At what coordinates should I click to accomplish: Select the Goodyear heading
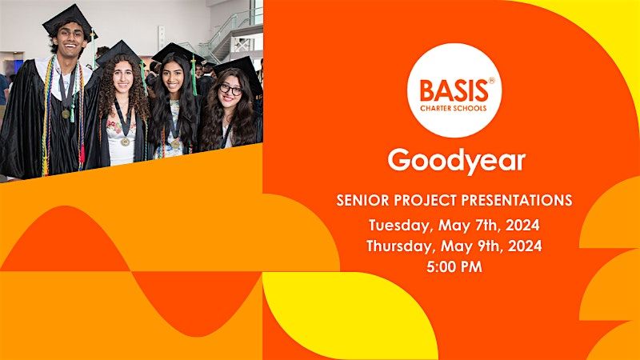[x=456, y=160]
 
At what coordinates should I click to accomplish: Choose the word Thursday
[x=401, y=246]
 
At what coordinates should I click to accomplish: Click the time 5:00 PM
[x=454, y=267]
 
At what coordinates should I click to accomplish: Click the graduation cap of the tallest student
[x=68, y=18]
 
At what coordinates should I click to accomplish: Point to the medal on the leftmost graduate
[x=66, y=114]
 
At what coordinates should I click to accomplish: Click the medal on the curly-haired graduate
[x=126, y=142]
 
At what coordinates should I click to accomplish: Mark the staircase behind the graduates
[x=228, y=32]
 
